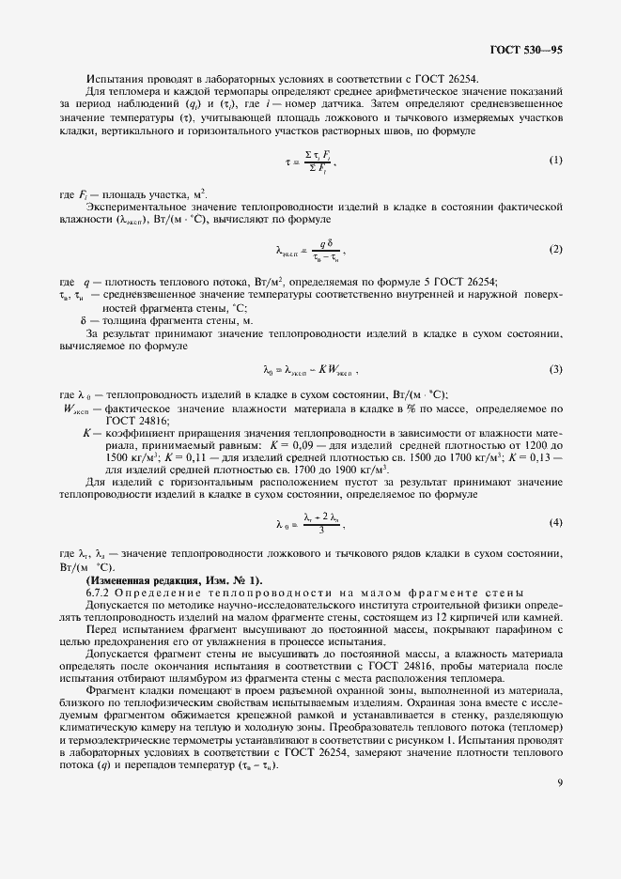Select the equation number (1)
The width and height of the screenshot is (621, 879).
[555, 160]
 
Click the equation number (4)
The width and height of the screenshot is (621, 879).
[555, 521]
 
